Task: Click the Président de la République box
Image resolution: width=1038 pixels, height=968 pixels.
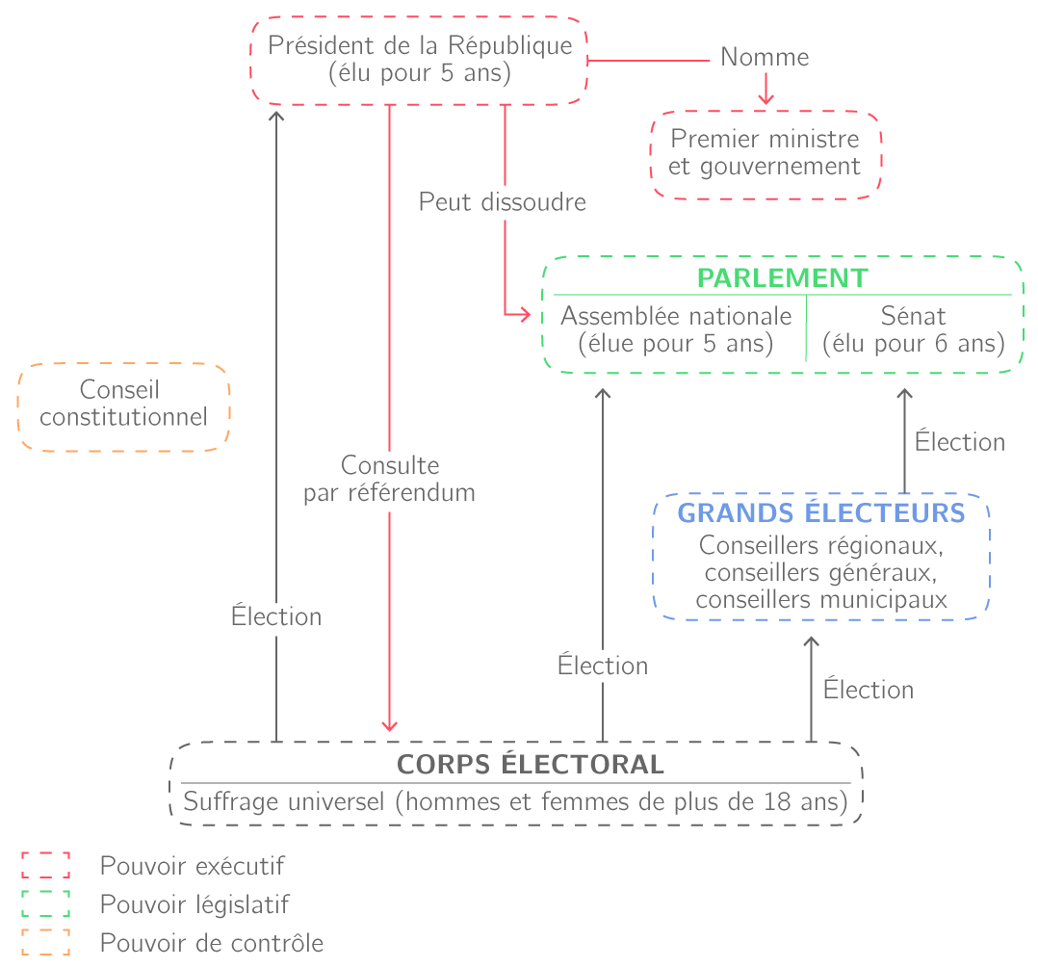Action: point(419,60)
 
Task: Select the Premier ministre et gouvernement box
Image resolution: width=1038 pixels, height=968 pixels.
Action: point(766,153)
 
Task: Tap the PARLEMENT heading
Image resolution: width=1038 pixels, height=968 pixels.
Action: point(782,277)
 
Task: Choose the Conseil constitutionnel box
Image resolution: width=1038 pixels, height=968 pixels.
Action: point(123,405)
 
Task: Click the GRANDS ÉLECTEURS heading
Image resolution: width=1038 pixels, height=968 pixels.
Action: point(821,512)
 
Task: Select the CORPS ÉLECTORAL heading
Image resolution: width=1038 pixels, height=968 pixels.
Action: point(531,765)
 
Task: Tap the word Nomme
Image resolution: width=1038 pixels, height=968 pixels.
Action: point(765,58)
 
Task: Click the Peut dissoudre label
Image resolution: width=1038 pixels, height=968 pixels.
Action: point(502,203)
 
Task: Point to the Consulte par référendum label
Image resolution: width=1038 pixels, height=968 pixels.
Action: point(389,480)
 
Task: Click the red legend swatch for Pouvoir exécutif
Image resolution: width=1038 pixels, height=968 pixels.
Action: point(46,865)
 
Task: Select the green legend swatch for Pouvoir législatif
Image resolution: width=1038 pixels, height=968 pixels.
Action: point(46,904)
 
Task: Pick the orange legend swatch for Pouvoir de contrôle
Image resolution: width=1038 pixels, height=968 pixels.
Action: point(46,943)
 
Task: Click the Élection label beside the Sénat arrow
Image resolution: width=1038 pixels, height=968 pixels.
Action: point(959,442)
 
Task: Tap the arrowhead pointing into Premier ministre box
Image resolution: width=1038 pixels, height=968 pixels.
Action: point(766,99)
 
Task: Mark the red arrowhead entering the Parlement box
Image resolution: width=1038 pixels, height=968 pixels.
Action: point(525,315)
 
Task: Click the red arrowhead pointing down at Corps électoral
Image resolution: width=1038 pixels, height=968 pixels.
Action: point(389,725)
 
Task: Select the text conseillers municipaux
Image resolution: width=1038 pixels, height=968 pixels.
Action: point(821,600)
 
